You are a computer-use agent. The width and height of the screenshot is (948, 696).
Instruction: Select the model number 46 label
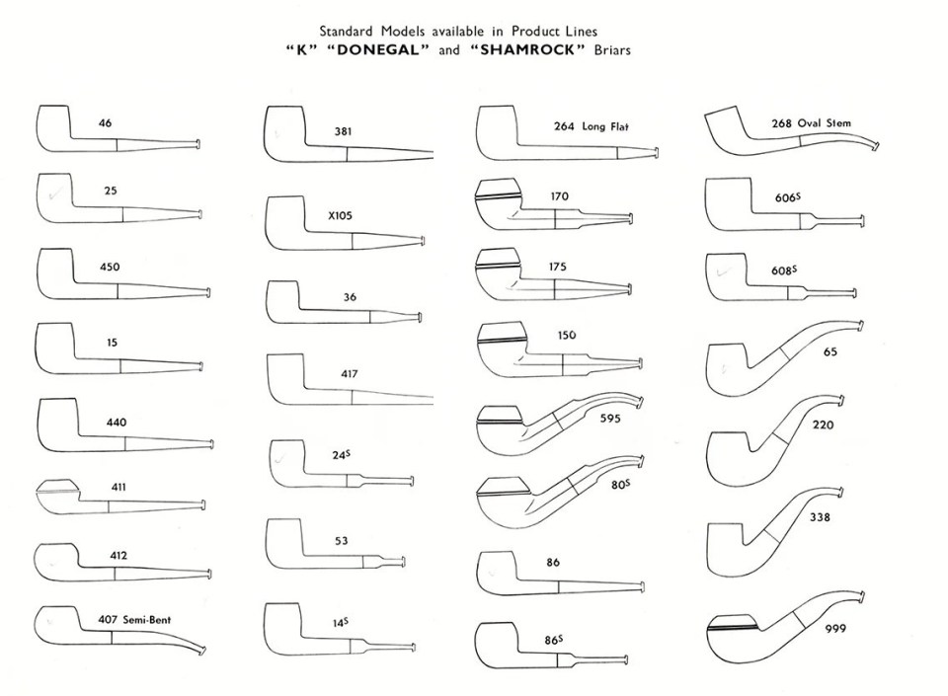pyautogui.click(x=105, y=123)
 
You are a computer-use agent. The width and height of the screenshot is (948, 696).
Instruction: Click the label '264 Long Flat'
pyautogui.click(x=592, y=126)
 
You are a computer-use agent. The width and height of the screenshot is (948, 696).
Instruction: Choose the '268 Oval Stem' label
pyautogui.click(x=811, y=123)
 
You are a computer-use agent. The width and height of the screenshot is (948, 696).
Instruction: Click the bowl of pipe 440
pyautogui.click(x=57, y=423)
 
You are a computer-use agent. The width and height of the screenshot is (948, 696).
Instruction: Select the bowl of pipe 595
pyautogui.click(x=498, y=425)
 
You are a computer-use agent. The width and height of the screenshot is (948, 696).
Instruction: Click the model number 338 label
pyautogui.click(x=820, y=516)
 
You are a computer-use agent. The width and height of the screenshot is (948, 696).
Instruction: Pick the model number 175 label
pyautogui.click(x=559, y=267)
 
